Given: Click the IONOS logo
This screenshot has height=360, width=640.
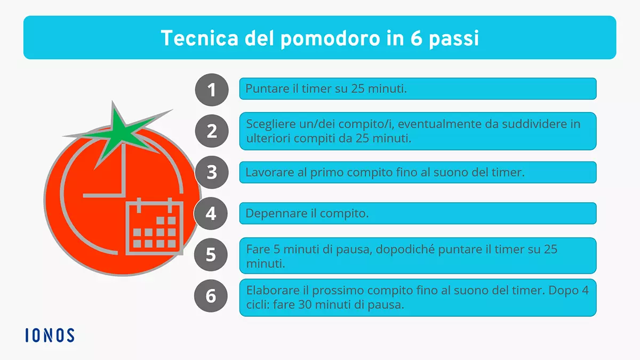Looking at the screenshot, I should [50, 335].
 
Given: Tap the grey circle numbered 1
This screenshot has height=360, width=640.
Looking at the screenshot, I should [211, 89].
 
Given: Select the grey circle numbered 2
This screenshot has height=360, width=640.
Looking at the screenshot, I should [211, 131].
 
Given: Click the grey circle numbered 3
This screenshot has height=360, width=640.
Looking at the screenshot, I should [211, 172].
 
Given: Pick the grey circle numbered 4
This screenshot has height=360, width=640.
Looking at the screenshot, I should [211, 213].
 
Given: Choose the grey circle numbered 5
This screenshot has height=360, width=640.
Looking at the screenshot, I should [211, 254].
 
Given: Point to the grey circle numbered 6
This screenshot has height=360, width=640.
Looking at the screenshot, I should [211, 296].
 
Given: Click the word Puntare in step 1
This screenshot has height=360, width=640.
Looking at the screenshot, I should [263, 89].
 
